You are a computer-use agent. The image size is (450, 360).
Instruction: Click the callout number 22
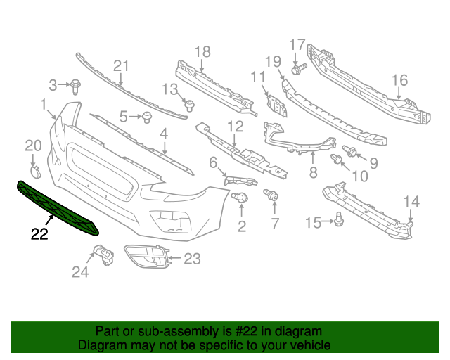(x=39, y=233)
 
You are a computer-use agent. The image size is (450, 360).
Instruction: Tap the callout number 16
(x=400, y=81)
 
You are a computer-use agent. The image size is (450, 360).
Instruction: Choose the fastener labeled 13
(x=189, y=105)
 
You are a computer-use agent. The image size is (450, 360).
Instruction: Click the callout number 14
(x=411, y=202)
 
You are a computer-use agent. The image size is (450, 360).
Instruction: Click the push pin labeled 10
(x=337, y=162)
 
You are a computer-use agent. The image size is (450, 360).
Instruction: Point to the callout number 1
(x=44, y=106)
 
